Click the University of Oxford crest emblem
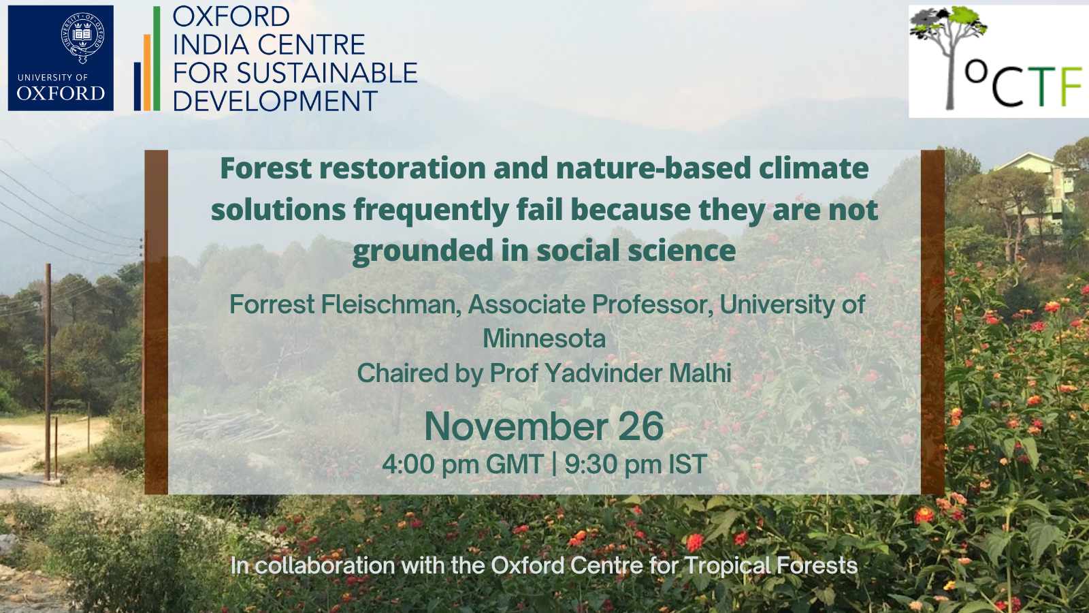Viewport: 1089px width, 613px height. tap(82, 38)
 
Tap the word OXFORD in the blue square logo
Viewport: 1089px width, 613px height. tap(61, 93)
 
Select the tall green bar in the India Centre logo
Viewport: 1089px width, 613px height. tap(157, 59)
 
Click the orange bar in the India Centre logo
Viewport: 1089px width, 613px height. tap(147, 72)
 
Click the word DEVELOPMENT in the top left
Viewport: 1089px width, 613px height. tap(275, 101)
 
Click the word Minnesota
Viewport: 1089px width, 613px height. tap(544, 339)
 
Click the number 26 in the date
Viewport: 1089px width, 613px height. tap(640, 426)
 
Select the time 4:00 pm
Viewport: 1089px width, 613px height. tap(429, 464)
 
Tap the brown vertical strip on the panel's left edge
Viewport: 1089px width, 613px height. tap(156, 322)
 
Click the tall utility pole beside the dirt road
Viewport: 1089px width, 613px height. tap(48, 372)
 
